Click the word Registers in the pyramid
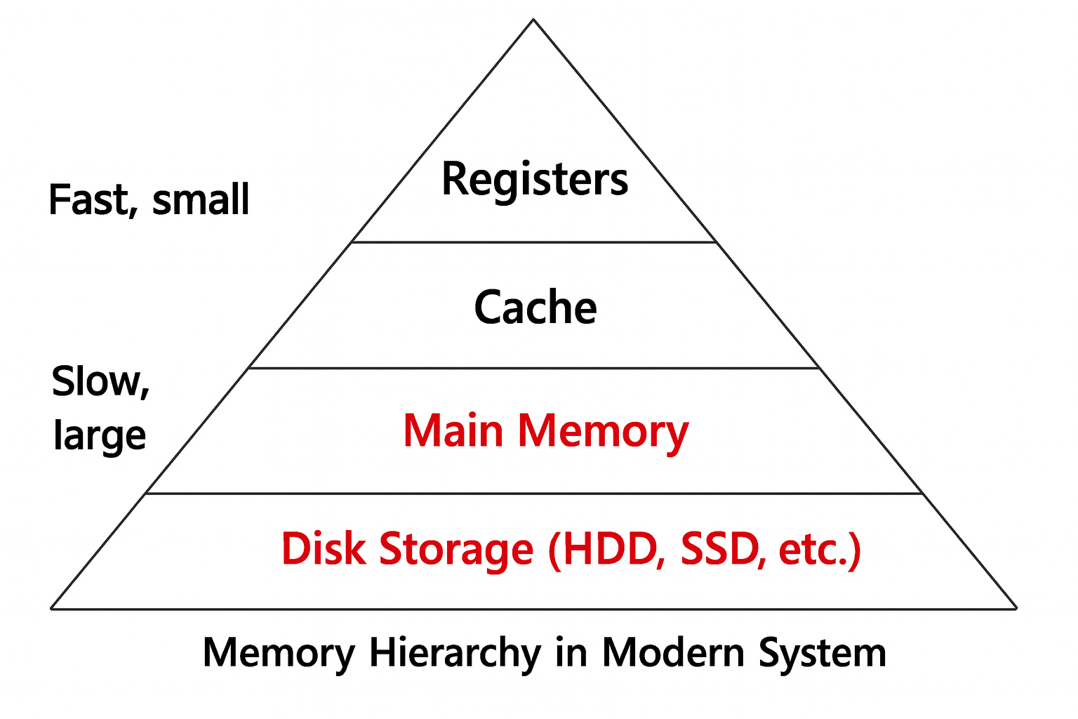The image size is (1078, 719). click(535, 180)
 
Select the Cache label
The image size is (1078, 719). click(535, 308)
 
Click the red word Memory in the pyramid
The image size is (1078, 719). click(603, 431)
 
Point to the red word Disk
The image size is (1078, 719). click(324, 548)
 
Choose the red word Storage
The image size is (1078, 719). click(456, 550)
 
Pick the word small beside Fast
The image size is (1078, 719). click(201, 199)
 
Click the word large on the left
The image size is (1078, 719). click(100, 435)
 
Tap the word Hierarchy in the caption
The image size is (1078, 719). click(455, 653)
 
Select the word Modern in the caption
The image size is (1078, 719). click(673, 653)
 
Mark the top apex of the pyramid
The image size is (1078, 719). click(533, 20)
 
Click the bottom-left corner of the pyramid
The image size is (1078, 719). click(51, 609)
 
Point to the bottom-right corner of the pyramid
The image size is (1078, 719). click(1016, 609)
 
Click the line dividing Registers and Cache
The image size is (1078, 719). click(533, 242)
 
